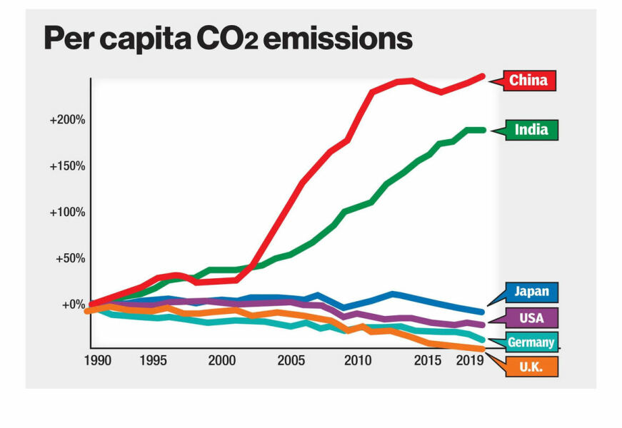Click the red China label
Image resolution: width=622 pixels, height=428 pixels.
pos(528,81)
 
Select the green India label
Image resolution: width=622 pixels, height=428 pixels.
pos(531,129)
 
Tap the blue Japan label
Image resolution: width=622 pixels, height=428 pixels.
pos(531,291)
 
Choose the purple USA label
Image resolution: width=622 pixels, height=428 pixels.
pos(531,317)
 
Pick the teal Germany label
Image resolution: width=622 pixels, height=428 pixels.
pos(531,342)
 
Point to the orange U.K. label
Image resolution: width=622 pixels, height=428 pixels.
pos(531,367)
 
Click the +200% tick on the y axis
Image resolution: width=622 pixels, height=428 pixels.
pos(67,120)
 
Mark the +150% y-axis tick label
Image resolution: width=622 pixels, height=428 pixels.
pos(67,166)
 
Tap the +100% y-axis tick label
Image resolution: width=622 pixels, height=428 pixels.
pos(67,213)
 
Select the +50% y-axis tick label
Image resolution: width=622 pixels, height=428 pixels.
pos(70,258)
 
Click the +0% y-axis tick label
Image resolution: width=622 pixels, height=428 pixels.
pos(73,305)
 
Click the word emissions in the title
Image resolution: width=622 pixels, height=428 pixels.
pos(338,39)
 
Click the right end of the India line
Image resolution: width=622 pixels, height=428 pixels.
pos(483,130)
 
